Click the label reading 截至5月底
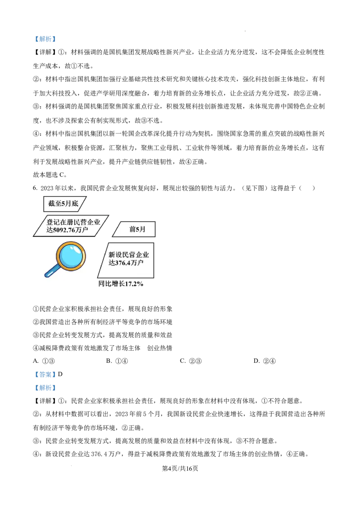click(x=63, y=203)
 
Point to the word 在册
click(x=67, y=222)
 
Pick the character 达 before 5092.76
click(x=49, y=230)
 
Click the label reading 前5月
click(x=137, y=229)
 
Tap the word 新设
click(x=115, y=255)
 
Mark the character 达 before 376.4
click(x=112, y=263)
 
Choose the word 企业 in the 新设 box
click(x=142, y=255)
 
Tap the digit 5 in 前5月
click(x=137, y=229)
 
